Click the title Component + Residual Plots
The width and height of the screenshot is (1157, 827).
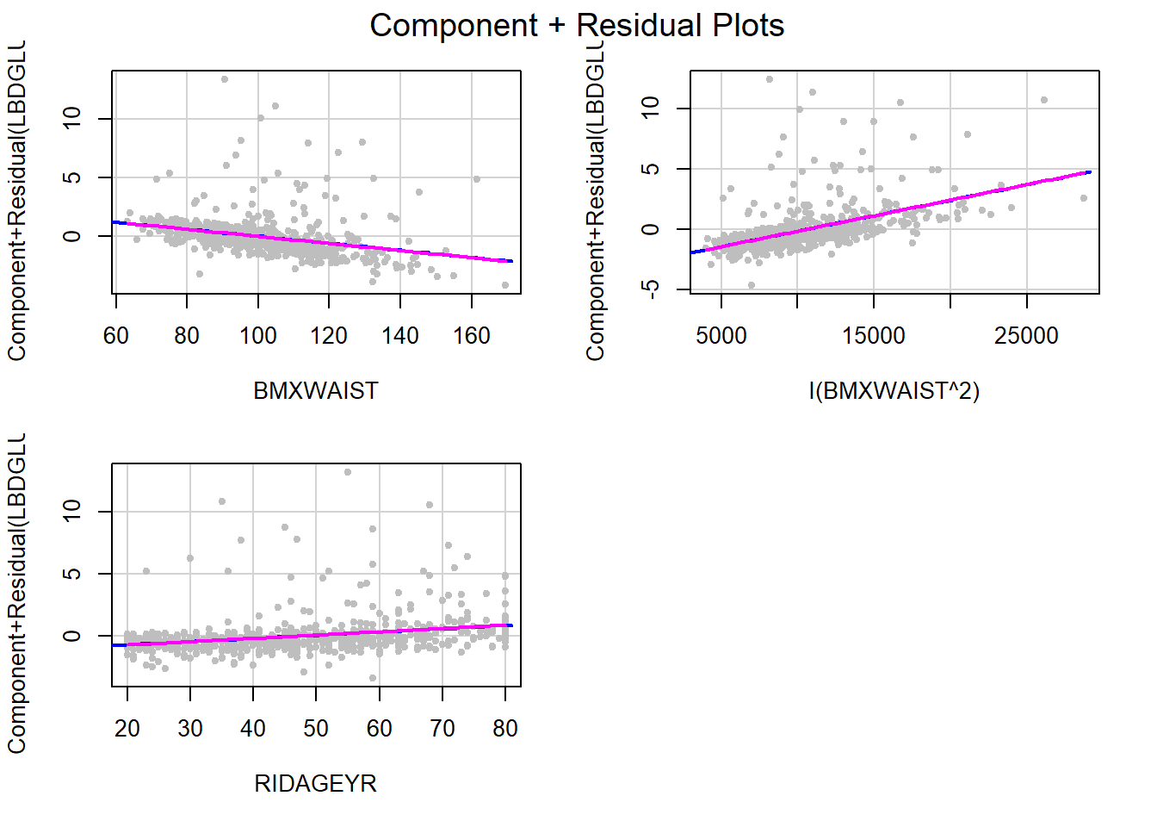pos(577,26)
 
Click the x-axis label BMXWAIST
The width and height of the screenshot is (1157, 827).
pos(315,391)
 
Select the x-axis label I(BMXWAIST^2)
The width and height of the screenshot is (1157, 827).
pos(894,391)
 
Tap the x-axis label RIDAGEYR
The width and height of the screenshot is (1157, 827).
pos(315,784)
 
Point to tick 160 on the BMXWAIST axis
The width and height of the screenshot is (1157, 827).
pos(471,336)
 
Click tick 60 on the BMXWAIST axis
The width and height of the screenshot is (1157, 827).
pos(115,336)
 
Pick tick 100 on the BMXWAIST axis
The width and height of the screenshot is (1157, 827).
pos(257,336)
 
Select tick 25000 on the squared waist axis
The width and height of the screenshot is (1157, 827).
pos(1026,336)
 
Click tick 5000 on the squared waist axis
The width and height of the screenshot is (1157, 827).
pos(721,336)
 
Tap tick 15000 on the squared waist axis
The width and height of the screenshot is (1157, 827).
pos(873,336)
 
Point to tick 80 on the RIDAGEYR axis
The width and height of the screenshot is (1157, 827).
pos(505,729)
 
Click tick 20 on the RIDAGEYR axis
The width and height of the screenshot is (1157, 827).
pos(127,729)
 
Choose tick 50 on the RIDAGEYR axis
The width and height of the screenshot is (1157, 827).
pos(316,729)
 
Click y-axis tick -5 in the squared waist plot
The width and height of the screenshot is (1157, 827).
pos(652,289)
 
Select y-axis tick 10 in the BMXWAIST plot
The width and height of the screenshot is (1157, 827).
pos(72,118)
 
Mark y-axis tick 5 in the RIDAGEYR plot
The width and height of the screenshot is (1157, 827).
pos(72,574)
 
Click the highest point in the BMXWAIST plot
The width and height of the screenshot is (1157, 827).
pos(224,79)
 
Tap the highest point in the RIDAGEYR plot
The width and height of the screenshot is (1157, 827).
pos(348,472)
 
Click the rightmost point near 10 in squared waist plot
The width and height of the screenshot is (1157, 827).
pos(1044,100)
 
